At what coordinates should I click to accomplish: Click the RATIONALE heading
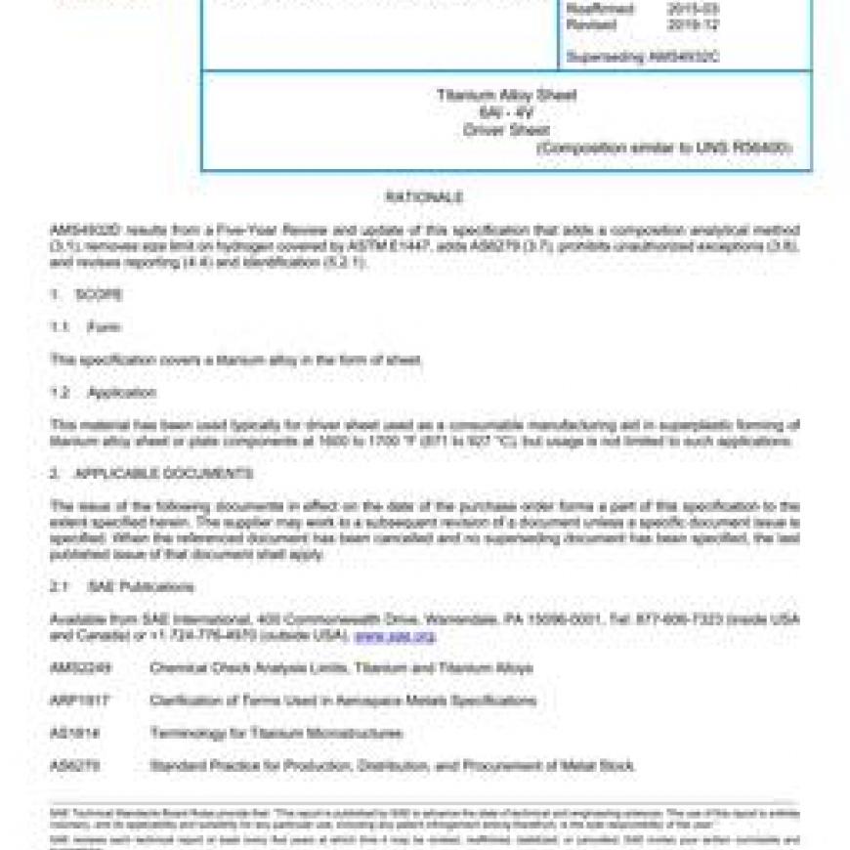point(424,197)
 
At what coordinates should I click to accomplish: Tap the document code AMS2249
point(74,668)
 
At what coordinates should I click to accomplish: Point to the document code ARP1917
point(74,701)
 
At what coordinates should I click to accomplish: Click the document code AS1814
point(70,733)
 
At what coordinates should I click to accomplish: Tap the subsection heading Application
point(121,393)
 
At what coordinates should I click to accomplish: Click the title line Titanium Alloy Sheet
point(506,96)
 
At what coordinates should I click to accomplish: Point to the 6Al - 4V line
point(506,112)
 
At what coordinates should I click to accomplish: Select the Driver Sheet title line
point(506,129)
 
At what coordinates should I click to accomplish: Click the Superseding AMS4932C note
point(643,58)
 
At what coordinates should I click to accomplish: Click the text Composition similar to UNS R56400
point(664,148)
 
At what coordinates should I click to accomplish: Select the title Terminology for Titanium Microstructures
point(276,733)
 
